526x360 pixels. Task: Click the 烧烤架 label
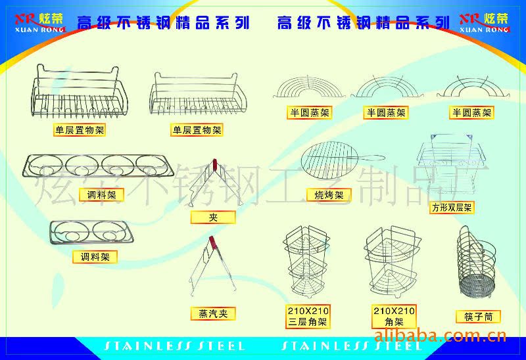pos(329,195)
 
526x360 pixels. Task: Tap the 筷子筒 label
pos(478,317)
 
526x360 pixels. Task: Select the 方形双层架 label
pos(452,208)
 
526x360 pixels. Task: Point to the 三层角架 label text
pos(308,322)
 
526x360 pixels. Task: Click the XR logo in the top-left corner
pos(39,20)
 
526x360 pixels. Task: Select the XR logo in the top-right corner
pos(483,20)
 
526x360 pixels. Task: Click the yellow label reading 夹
pos(212,217)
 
